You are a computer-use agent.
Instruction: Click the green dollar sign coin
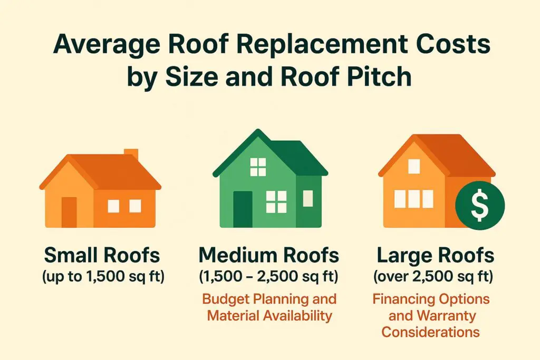[479, 206]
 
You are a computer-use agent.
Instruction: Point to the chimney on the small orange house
[131, 154]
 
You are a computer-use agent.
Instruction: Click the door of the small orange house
[69, 212]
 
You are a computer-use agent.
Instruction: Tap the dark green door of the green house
[243, 209]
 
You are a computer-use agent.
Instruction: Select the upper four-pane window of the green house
[258, 167]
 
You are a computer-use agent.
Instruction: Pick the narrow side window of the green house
[308, 198]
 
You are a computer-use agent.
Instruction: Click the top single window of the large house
[414, 166]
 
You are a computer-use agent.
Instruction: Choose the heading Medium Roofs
[269, 256]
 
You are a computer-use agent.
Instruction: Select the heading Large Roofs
[436, 256]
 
